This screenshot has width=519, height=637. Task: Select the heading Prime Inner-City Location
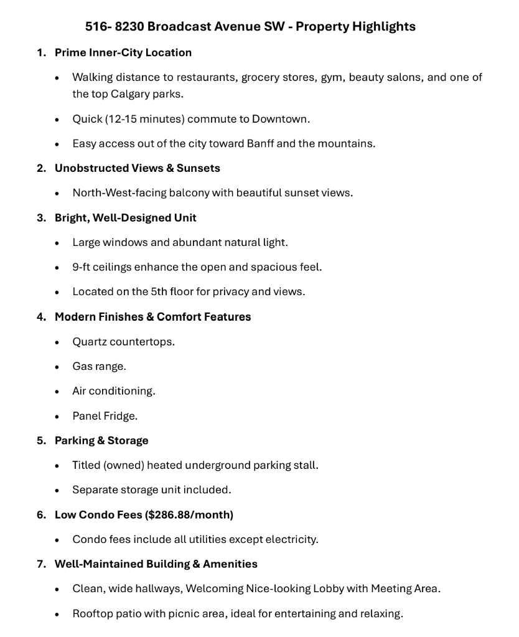click(123, 52)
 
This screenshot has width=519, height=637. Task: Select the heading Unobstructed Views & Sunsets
click(138, 168)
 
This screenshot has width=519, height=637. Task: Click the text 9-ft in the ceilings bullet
click(83, 267)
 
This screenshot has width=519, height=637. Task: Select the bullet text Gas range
click(99, 366)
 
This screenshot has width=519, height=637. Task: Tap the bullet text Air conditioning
click(114, 390)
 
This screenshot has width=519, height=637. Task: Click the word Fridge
click(120, 415)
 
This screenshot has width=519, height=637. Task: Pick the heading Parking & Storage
click(101, 440)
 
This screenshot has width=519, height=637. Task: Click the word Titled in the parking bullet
click(86, 465)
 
